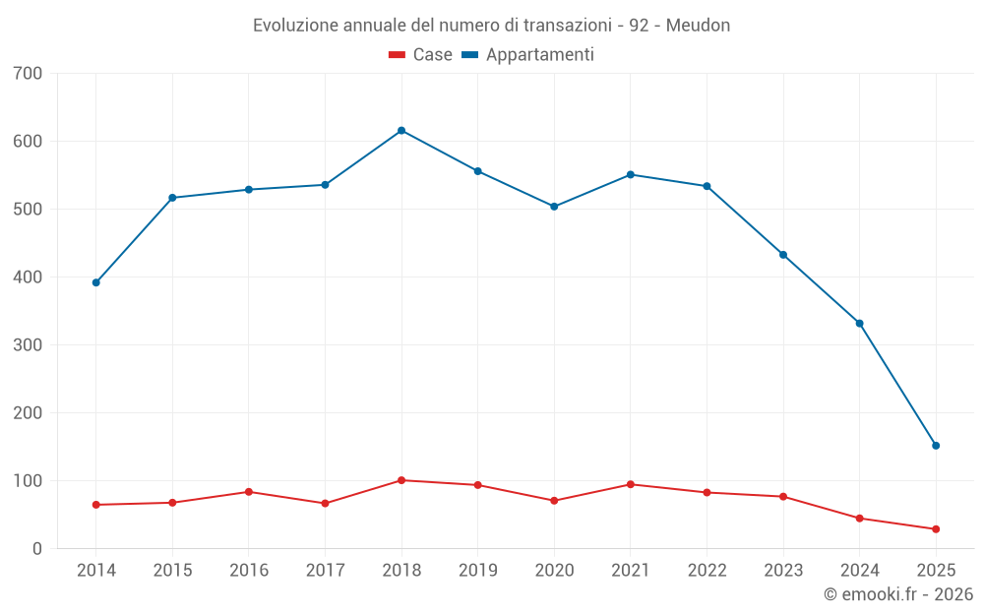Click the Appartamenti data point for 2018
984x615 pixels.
click(401, 131)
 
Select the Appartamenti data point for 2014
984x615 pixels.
click(95, 282)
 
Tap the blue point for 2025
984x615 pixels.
click(936, 446)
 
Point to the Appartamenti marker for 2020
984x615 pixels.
click(554, 207)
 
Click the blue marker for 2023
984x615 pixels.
click(783, 255)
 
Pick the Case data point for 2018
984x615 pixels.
click(401, 480)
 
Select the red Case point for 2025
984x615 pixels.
click(936, 529)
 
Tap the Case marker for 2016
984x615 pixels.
click(248, 492)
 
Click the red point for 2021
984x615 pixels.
click(631, 484)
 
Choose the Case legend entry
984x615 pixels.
click(420, 55)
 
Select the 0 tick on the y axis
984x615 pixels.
click(37, 549)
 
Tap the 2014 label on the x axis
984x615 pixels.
click(95, 571)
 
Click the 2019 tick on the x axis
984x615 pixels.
click(478, 571)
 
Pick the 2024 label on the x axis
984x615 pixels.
click(860, 571)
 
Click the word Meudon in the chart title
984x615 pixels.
click(698, 26)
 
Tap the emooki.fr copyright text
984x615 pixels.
click(898, 594)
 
